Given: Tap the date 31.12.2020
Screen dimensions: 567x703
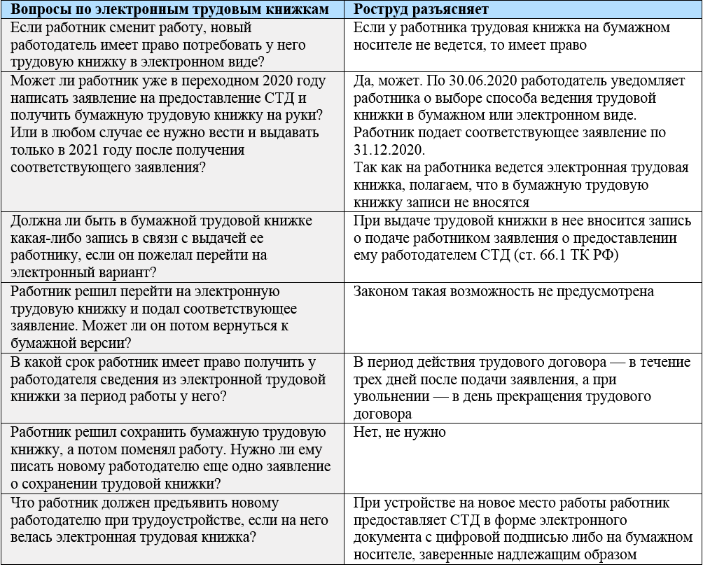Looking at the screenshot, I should [389, 150].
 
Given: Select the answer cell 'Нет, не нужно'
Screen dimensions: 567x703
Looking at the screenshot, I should [400, 432].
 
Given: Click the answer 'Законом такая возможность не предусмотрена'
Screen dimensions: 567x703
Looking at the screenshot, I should [503, 291].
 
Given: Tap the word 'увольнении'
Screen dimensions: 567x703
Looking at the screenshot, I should [389, 396].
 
